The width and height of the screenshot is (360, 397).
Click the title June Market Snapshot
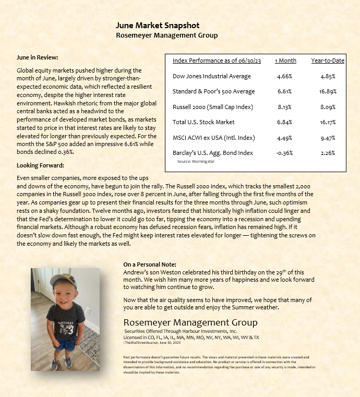coord(157,26)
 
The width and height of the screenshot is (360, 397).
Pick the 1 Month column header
coord(285,61)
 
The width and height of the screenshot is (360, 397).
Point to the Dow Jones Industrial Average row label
coord(211,76)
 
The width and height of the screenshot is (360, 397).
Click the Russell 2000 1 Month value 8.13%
coord(285,107)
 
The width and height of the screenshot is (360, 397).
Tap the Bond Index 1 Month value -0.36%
coord(285,153)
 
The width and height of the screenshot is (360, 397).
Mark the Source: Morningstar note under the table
coord(196,162)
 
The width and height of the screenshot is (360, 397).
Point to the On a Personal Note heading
coord(150,264)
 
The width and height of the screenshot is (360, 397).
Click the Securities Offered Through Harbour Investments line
coord(181,331)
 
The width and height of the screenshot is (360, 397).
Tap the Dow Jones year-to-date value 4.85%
coord(328,76)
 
